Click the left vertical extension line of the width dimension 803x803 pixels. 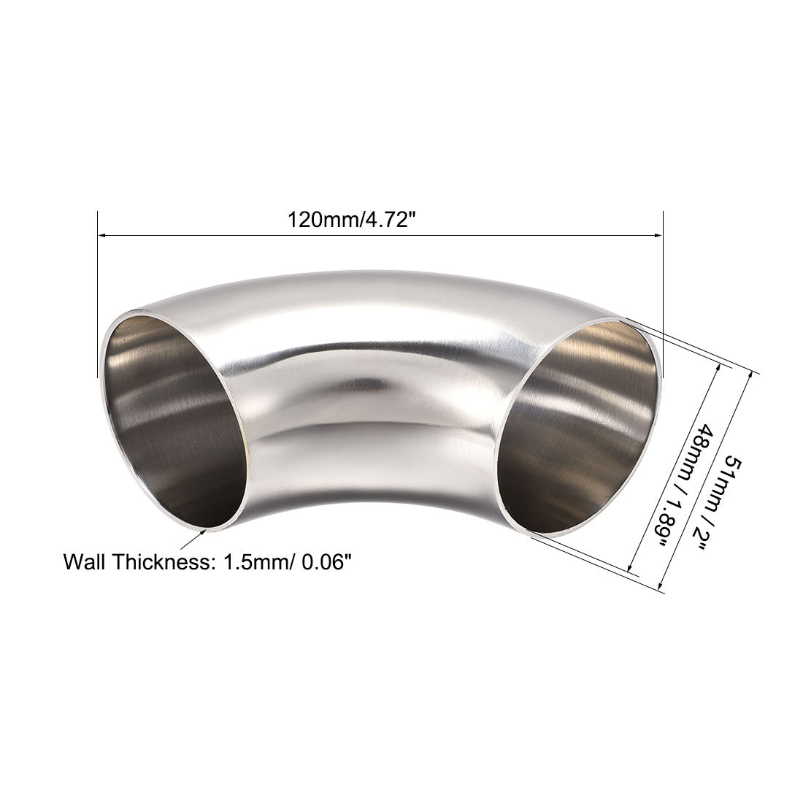point(97,307)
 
